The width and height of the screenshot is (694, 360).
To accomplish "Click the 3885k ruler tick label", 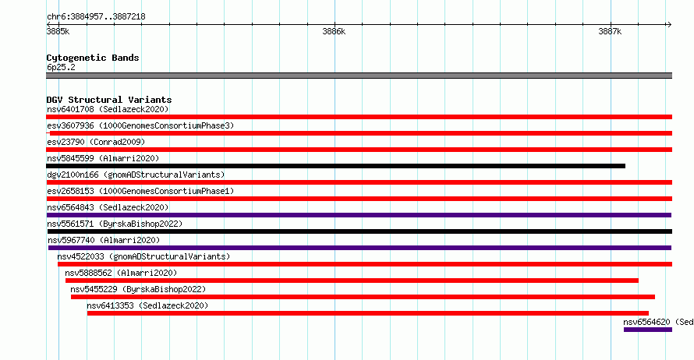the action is click(x=58, y=31).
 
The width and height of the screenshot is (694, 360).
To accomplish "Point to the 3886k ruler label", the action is click(x=334, y=31).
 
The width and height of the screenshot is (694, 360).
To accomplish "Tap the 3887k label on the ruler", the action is click(x=610, y=31).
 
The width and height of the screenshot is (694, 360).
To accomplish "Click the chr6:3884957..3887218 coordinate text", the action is click(x=96, y=17).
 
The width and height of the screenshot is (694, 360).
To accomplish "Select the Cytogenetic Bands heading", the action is click(x=93, y=58).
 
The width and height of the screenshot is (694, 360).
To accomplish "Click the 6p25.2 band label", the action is click(x=61, y=67).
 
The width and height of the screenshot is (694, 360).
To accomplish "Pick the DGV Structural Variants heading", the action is click(x=109, y=100).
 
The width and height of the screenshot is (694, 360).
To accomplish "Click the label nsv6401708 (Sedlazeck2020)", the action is click(x=108, y=109).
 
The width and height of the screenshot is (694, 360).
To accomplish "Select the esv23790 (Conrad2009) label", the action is click(x=96, y=142).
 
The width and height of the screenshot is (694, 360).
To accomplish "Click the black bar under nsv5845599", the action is click(x=335, y=166).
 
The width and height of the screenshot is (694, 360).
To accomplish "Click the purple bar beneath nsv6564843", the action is click(x=359, y=215).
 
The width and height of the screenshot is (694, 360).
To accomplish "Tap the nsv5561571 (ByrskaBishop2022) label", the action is click(x=115, y=224).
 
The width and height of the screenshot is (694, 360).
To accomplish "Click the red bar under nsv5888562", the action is click(x=352, y=281).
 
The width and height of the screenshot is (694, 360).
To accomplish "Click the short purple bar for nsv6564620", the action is click(x=648, y=330).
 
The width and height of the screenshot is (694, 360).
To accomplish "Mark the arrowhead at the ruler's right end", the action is click(x=669, y=25).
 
